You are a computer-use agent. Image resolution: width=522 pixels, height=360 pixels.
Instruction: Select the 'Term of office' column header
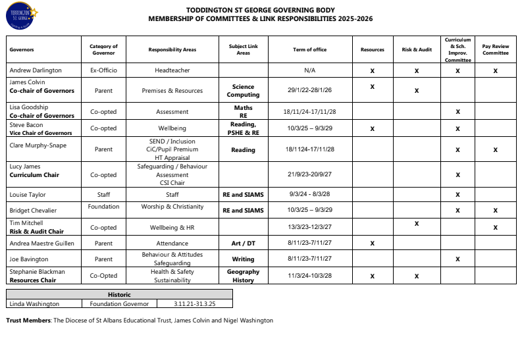[309, 49]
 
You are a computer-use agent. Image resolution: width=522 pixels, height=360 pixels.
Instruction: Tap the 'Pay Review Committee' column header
[495, 49]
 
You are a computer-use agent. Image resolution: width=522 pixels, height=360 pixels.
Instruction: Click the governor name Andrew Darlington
[36, 70]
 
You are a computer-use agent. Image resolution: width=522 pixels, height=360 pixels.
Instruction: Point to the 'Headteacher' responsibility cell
[172, 70]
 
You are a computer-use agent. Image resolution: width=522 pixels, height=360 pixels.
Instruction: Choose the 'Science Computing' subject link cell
[243, 91]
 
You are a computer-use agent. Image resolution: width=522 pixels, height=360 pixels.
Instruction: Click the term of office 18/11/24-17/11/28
[309, 112]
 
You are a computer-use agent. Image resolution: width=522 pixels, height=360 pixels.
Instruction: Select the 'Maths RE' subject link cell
[243, 111]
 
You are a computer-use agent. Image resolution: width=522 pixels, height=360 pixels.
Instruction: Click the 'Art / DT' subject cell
[243, 243]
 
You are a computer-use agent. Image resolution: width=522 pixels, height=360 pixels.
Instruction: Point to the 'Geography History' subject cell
[243, 276]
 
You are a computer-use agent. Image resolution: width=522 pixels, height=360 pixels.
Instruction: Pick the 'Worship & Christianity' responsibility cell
[172, 207]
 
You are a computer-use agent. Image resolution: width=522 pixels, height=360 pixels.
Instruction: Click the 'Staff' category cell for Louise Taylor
[103, 195]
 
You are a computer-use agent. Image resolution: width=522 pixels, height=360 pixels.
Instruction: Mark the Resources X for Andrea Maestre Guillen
[373, 244]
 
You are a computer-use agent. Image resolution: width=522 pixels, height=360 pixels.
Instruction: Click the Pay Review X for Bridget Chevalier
[495, 211]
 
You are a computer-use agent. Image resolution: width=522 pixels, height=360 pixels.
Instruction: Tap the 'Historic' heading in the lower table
[119, 295]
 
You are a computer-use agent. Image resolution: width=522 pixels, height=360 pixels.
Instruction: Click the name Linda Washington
[34, 304]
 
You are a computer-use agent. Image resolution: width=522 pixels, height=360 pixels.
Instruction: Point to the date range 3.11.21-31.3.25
[196, 304]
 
